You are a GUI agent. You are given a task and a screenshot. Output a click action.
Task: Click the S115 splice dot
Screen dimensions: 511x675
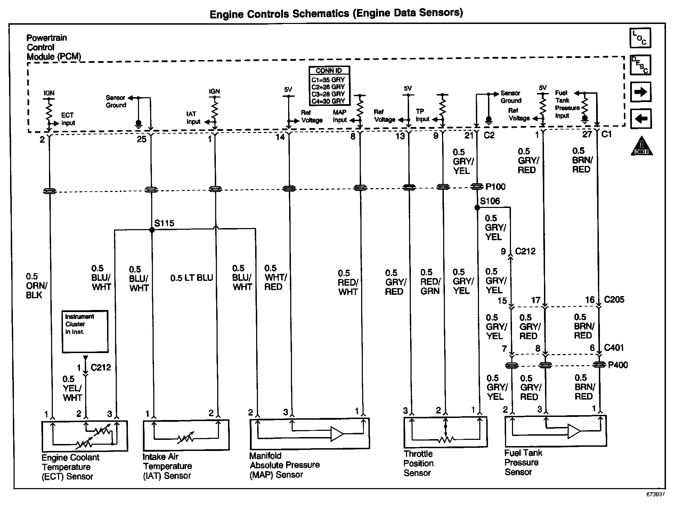click(152, 230)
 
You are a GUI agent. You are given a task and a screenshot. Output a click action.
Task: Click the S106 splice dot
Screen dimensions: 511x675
click(477, 208)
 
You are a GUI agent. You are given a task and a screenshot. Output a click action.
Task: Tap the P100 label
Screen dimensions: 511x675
click(495, 187)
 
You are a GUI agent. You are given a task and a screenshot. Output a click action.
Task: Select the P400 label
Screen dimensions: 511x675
click(618, 365)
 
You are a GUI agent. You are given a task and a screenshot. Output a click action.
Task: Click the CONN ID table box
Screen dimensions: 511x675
click(329, 86)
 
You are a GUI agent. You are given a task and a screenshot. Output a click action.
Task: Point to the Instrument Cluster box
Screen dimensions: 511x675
click(85, 332)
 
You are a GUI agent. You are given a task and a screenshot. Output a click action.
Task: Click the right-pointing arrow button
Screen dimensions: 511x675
click(640, 92)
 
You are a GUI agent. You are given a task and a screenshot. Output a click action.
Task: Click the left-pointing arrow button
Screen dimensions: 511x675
click(640, 119)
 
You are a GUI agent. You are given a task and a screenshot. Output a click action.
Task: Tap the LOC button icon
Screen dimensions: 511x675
click(640, 38)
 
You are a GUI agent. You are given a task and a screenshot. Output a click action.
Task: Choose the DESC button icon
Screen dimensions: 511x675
click(640, 65)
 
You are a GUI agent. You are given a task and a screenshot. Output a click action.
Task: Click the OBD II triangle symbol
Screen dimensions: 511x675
click(642, 146)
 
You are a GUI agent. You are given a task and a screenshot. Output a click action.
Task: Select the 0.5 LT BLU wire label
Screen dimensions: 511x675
click(192, 278)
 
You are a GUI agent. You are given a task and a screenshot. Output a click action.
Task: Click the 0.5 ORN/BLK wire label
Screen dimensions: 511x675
click(36, 286)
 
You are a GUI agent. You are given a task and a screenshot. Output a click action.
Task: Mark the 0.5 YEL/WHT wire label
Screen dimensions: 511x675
click(72, 388)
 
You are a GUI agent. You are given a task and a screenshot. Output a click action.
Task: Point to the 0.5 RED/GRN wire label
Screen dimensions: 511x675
click(430, 282)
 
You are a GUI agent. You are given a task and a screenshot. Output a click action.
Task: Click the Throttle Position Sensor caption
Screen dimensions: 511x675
click(418, 463)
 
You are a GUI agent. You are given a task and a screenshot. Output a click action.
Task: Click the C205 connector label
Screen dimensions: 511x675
click(614, 300)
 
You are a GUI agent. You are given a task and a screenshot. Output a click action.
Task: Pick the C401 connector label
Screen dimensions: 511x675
click(614, 347)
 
